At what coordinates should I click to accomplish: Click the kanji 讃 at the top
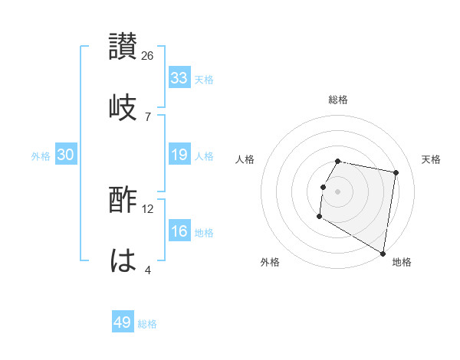(x=123, y=47)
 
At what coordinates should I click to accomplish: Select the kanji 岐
(x=123, y=106)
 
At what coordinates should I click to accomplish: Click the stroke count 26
(x=148, y=56)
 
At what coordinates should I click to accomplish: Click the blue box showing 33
(x=179, y=78)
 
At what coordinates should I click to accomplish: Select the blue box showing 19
(x=179, y=155)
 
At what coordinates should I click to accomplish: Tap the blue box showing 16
(x=179, y=231)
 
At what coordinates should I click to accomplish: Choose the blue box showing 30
(x=66, y=155)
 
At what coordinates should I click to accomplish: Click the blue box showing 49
(x=123, y=322)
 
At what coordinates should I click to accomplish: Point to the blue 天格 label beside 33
(x=204, y=79)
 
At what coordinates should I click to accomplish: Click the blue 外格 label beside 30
(x=41, y=155)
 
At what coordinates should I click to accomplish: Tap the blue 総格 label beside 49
(x=147, y=323)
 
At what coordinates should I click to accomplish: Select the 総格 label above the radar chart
(x=338, y=100)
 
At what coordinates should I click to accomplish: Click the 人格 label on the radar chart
(x=245, y=159)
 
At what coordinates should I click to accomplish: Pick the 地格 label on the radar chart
(x=402, y=262)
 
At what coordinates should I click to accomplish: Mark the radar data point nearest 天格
(x=396, y=173)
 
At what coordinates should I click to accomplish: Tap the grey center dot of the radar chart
(x=338, y=191)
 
